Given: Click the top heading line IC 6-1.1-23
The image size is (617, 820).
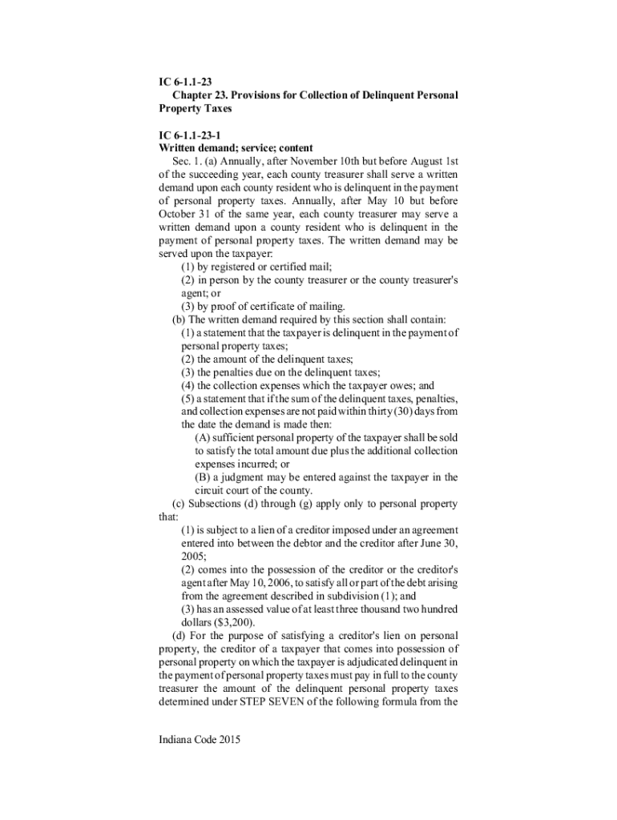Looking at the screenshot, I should click(185, 82).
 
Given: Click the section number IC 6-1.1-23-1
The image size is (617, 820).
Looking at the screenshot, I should click(192, 135).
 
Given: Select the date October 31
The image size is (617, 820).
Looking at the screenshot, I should click(186, 214).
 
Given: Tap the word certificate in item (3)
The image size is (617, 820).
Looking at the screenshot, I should click(271, 306).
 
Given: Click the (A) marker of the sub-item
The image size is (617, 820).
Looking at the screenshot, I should click(202, 437).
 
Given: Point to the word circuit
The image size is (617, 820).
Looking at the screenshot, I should click(210, 490).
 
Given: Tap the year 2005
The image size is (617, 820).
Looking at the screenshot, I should click(193, 556).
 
